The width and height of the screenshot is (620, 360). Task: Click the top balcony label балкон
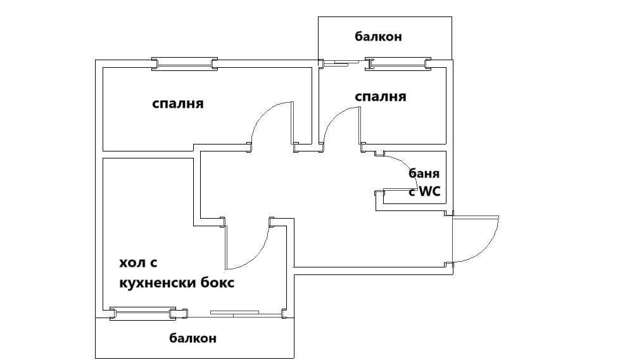377,37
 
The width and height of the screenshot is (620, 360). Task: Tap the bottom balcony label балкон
193,338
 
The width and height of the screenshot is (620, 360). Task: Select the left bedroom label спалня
178,103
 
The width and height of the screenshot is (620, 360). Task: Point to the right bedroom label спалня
380,97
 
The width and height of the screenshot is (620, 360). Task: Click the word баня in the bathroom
424,173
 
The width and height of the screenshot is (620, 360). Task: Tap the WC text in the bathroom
429,191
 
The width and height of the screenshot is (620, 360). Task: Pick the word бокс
217,283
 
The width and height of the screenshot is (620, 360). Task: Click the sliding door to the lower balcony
236,312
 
